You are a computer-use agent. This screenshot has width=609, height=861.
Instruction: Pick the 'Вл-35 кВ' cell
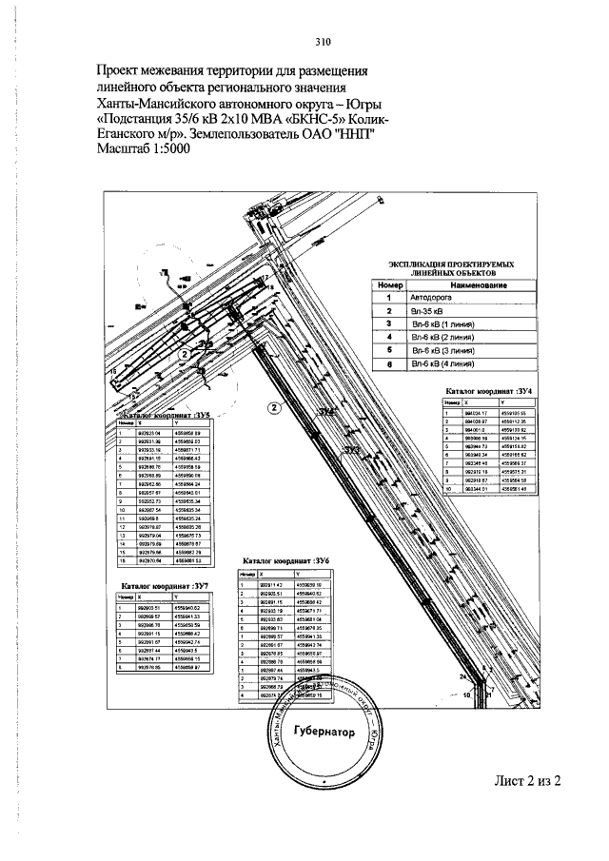[x=426, y=311]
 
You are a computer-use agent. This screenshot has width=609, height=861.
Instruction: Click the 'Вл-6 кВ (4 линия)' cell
[x=442, y=362]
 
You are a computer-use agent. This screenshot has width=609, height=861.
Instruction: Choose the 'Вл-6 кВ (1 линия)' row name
[x=442, y=323]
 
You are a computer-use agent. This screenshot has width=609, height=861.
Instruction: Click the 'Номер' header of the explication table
[x=390, y=285]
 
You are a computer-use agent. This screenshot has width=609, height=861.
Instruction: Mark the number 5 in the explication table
[x=390, y=349]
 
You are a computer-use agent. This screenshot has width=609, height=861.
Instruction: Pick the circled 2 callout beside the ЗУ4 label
[x=273, y=409]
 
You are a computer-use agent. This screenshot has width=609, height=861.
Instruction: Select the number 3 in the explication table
[x=390, y=323]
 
